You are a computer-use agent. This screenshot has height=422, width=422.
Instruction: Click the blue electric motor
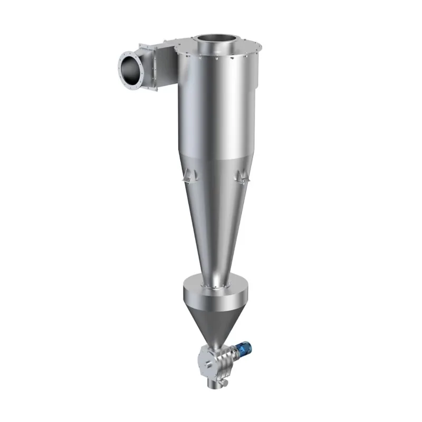pos(243,349)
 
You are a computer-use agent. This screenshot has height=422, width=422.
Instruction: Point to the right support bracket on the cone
pos(241,175)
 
